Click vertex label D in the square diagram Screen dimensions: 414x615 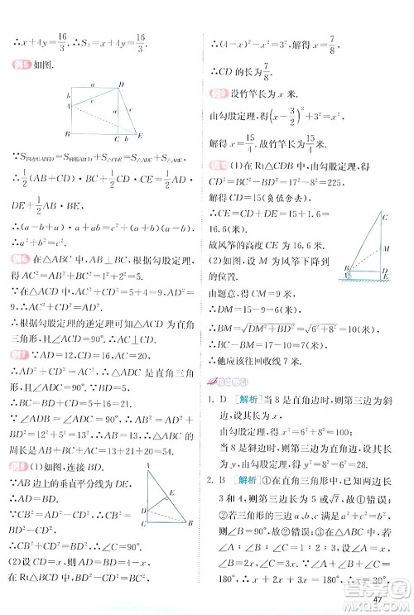point(122,83)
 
